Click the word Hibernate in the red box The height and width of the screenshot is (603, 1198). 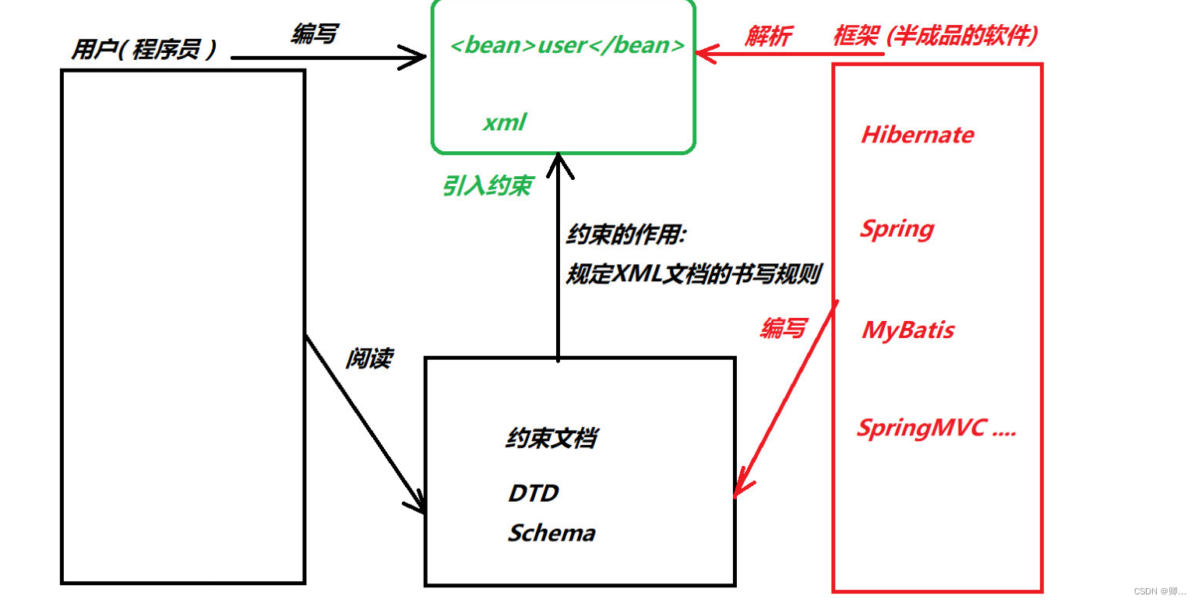[x=917, y=135]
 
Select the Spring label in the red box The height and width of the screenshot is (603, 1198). [x=897, y=229]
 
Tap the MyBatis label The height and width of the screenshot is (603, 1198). [x=907, y=330]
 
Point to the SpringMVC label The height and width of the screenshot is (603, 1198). [x=936, y=428]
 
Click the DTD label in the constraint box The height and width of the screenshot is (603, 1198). [x=534, y=493]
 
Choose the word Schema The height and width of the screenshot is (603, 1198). [x=551, y=533]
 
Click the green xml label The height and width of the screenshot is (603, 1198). [x=505, y=122]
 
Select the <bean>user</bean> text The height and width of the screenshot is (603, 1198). [x=567, y=45]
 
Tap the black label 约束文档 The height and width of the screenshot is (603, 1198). [x=551, y=439]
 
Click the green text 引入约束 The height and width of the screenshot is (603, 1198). [x=488, y=185]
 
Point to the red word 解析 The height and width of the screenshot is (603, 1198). [x=768, y=37]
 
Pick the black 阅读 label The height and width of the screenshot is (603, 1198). [x=368, y=358]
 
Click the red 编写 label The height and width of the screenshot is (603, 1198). [x=783, y=329]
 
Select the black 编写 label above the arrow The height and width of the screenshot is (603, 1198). [x=314, y=34]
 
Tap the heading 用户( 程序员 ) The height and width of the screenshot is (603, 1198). [x=143, y=51]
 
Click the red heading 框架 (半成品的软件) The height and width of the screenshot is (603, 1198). [x=935, y=36]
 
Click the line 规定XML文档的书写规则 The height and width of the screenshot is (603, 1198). [x=692, y=274]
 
